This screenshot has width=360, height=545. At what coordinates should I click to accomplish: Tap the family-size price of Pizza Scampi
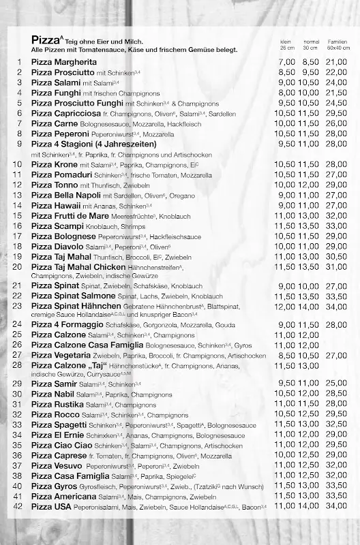tap(336, 225)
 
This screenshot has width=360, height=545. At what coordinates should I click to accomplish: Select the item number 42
tap(18, 506)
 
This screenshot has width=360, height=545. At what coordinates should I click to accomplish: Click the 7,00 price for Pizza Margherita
tap(287, 62)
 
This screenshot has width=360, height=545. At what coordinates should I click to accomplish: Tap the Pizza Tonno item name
tap(52, 185)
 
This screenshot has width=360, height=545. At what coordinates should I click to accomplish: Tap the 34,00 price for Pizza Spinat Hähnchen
tap(336, 307)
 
